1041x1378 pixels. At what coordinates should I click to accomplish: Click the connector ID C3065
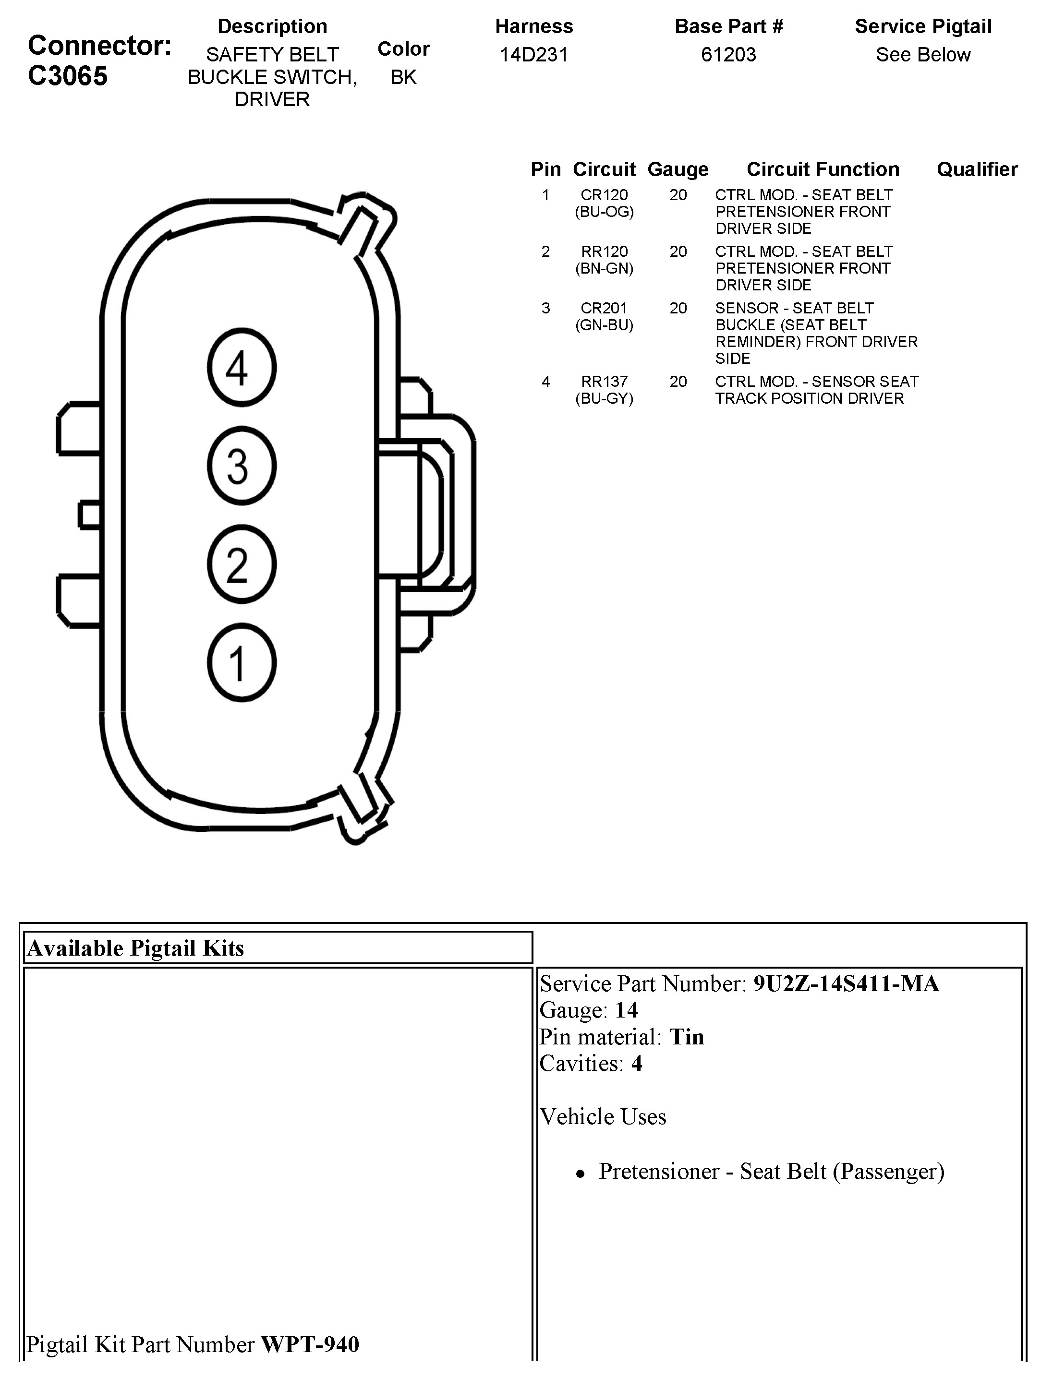point(68,76)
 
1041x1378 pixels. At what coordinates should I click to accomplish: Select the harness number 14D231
point(533,55)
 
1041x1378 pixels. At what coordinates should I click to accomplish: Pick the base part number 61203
point(728,55)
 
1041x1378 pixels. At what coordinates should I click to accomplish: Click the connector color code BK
point(403,77)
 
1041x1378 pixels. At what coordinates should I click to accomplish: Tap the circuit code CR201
point(604,308)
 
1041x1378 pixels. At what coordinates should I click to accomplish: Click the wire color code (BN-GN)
point(604,268)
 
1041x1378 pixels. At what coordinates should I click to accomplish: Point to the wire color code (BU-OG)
point(604,212)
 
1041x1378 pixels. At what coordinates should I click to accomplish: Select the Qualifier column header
point(977,169)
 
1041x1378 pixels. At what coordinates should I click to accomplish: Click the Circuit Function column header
point(823,169)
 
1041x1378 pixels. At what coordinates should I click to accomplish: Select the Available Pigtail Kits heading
point(135,948)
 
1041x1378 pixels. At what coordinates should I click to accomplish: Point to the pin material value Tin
point(686,1037)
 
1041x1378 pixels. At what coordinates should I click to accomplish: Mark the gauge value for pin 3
point(678,308)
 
